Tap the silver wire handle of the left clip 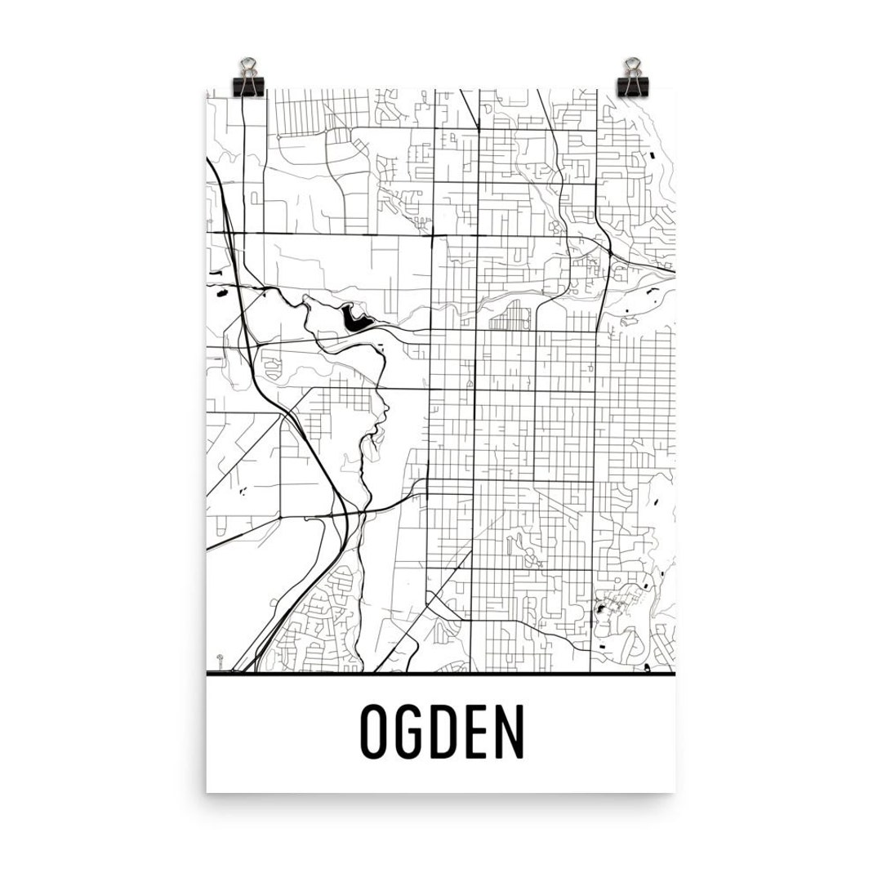[247, 65]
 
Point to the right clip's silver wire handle [632, 65]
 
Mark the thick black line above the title [441, 675]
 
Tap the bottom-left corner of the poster [207, 791]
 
